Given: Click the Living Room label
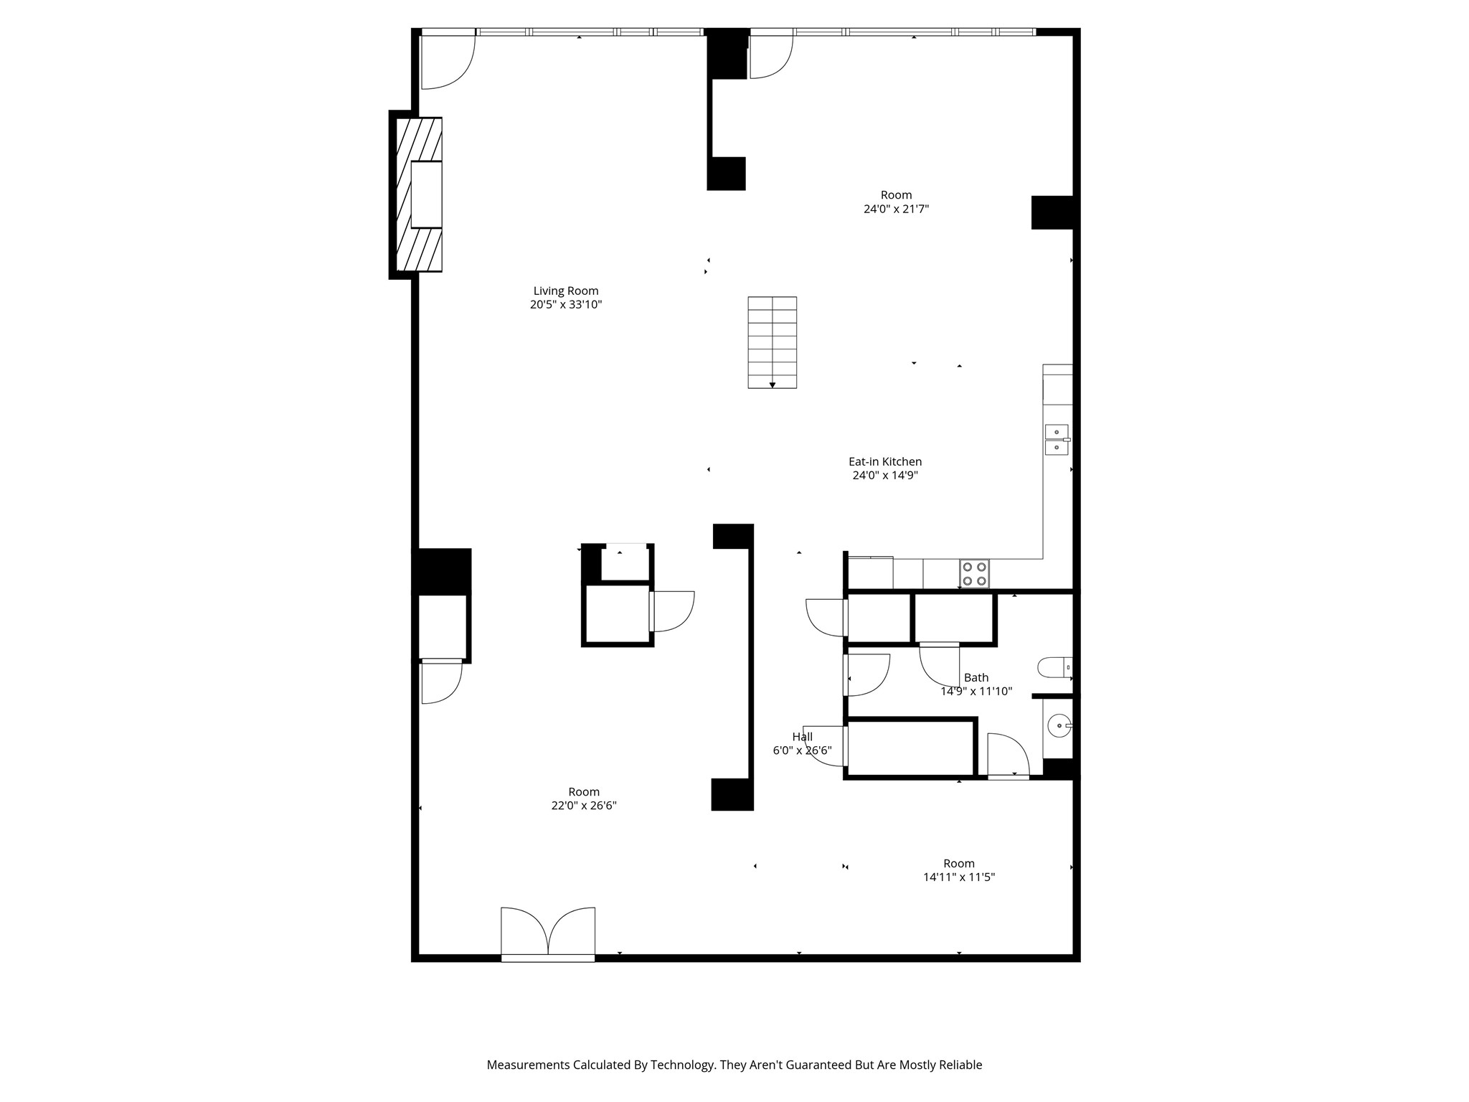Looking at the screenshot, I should coord(565,291).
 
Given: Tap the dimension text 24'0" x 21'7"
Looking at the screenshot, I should coord(896,209).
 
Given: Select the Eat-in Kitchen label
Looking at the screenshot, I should coord(884,461).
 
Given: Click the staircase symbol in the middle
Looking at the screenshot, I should coord(772,342).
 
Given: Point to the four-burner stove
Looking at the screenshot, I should coord(974,573).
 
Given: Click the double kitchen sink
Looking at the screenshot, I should coord(1057,440).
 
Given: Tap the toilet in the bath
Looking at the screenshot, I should coord(1053,667).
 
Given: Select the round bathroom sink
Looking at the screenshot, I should coord(1059,726).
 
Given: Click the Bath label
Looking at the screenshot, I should coord(976,677).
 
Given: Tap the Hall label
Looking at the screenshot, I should coord(802,737).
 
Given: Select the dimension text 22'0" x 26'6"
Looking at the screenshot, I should coord(583,806).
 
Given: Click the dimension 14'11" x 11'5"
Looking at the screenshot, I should coord(958,877).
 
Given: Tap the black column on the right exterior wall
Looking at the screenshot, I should coord(1052,212).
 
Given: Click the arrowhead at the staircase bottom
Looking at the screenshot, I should coord(773,385).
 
